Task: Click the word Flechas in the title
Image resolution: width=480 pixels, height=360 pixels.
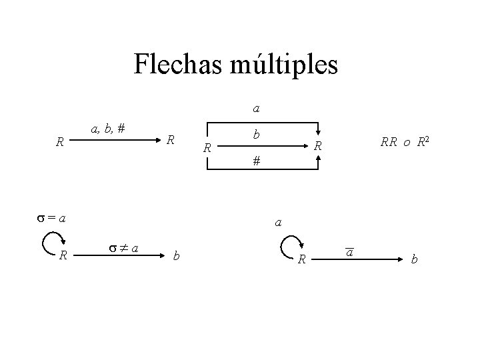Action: [x=175, y=65]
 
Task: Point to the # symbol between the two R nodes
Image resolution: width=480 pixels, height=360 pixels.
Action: [x=256, y=161]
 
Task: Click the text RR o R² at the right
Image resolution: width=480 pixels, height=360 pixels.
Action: [x=404, y=141]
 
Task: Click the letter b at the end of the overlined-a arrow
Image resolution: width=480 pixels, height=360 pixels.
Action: [x=414, y=259]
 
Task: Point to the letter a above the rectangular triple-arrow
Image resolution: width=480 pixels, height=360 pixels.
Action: [x=256, y=107]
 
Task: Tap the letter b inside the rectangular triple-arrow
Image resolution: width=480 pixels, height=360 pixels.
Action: [x=256, y=134]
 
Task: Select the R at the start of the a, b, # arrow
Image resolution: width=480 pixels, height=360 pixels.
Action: [x=60, y=142]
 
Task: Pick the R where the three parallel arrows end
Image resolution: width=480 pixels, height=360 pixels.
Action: [x=319, y=146]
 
